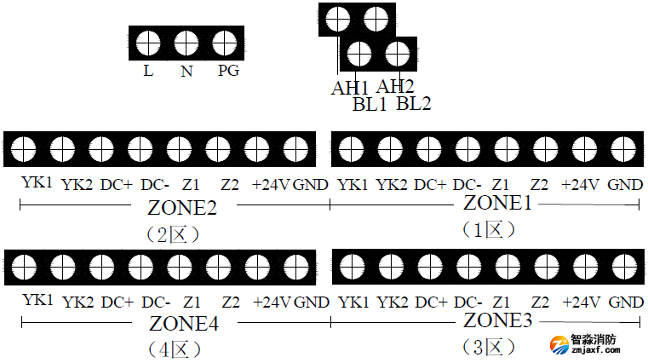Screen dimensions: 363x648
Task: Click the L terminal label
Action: tap(148, 72)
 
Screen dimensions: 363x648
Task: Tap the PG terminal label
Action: tap(227, 71)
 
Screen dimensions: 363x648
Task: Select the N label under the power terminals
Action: tap(186, 72)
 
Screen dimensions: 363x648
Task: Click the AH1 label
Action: tap(350, 87)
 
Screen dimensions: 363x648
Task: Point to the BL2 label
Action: tap(414, 104)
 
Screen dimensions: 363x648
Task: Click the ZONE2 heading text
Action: tap(182, 208)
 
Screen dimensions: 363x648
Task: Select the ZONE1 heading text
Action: tap(498, 204)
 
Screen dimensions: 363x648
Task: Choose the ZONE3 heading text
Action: tap(498, 321)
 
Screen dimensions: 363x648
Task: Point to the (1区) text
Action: tap(489, 229)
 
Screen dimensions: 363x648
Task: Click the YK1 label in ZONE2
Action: tap(37, 183)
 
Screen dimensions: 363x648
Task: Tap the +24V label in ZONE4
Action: tap(272, 302)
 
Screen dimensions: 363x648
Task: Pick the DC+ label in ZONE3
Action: tap(431, 302)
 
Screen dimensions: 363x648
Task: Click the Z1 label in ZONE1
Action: tap(501, 184)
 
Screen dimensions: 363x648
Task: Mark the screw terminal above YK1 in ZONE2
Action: tap(24, 149)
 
